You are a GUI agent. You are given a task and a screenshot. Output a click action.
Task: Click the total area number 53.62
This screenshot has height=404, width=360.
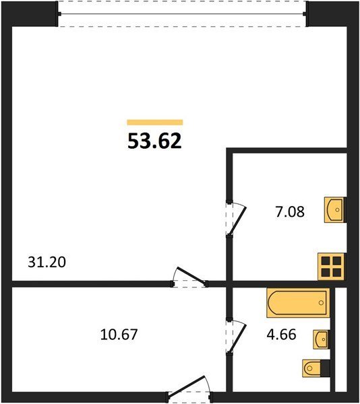pos(155,141)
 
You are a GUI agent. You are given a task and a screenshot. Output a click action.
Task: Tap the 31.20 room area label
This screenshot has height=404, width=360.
pos(47,263)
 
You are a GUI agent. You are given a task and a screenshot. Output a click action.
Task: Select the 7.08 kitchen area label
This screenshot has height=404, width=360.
pos(290,212)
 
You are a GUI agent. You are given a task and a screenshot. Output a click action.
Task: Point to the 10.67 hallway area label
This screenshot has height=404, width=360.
pos(119,335)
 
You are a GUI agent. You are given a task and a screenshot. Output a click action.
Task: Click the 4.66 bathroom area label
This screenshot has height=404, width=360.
pos(281,335)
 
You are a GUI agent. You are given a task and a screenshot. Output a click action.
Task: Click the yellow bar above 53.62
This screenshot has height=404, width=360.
pos(155,123)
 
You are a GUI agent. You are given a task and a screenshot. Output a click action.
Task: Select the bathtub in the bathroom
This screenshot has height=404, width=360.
pos(299,303)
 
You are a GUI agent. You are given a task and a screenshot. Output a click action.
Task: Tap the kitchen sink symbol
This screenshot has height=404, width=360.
pos(334,209)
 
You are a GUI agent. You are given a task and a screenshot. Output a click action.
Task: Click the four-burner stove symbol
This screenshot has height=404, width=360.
pos(331,267)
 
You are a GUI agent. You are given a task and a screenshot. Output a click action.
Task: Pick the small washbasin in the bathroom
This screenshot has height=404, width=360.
pos(322,339)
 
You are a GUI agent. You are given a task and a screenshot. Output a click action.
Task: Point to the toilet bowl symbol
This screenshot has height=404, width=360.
pos(311,368)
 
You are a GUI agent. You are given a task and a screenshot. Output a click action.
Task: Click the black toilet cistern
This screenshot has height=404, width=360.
pos(325,368)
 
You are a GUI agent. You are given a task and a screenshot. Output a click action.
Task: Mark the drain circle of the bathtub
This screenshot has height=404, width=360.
pos(321,303)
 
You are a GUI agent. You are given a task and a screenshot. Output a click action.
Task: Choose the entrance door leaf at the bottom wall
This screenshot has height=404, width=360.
pos(186,389)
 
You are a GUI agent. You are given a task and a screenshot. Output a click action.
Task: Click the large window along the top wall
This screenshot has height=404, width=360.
pos(182,13)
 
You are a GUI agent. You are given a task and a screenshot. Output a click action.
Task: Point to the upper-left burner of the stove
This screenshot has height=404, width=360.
pos(326,261)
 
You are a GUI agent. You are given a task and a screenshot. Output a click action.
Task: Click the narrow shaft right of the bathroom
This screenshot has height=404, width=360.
pos(341,343)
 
